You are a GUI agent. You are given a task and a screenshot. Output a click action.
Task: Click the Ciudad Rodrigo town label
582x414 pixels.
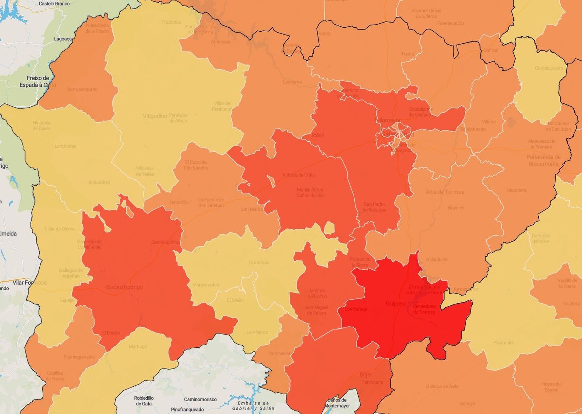point(124,287)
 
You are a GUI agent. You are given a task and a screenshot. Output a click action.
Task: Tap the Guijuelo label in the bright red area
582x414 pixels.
point(395,303)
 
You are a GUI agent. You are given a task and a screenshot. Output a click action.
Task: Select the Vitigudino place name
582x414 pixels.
point(155,116)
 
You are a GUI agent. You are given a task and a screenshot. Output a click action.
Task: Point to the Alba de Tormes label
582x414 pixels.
point(445,192)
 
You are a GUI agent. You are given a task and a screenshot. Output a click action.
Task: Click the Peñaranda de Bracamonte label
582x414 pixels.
point(543,160)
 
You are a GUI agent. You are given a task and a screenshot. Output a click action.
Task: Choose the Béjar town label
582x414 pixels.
point(366,374)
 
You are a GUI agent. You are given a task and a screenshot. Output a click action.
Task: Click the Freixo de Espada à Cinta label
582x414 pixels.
point(38,82)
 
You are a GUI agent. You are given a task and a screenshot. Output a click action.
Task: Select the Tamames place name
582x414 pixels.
point(259,263)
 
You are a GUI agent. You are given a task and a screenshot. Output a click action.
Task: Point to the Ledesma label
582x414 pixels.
point(292,82)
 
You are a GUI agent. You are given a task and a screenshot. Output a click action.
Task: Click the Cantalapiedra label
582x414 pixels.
point(549,68)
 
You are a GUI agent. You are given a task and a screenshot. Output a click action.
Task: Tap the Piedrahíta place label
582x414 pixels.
point(503,343)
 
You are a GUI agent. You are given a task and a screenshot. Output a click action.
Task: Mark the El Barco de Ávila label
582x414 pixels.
point(442,386)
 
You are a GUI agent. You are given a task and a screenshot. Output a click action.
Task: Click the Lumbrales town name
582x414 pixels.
point(65,146)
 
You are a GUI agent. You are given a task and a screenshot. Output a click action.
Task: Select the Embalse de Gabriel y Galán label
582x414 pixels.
point(253,406)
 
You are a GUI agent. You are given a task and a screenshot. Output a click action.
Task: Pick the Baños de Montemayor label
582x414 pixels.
point(337,403)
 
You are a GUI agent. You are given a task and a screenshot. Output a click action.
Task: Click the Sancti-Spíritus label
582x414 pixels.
point(166,243)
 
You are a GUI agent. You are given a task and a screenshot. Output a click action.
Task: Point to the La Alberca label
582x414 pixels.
point(257,332)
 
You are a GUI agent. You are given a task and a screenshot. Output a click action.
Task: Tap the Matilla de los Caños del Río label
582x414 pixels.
point(310,193)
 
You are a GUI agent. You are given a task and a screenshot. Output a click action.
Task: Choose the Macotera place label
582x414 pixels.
point(517,190)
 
